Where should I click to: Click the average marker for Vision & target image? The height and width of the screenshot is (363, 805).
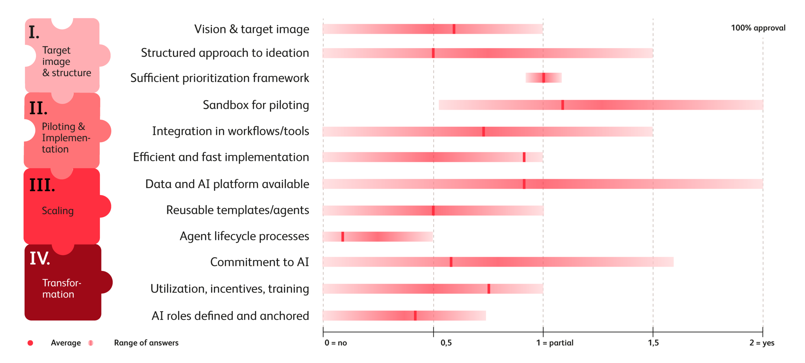tap(454, 29)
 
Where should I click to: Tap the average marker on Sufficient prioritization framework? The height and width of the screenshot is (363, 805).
tap(543, 78)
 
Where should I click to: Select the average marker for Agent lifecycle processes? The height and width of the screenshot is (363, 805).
tap(343, 237)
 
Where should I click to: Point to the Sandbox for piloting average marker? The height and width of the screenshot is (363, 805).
tap(563, 105)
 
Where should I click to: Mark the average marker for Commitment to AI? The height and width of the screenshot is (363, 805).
tap(451, 262)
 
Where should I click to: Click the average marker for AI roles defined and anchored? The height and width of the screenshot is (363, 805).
tap(415, 316)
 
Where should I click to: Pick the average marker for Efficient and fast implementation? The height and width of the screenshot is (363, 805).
tap(524, 157)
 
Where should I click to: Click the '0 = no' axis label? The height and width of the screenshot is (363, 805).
tap(336, 343)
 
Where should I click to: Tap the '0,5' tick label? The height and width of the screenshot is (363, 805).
tap(446, 343)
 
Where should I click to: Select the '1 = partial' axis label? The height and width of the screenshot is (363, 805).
tap(554, 343)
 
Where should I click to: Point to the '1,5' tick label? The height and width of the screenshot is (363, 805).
tap(653, 343)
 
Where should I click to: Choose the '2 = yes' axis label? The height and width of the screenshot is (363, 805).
tap(762, 343)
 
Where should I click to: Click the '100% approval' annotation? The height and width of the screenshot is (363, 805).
tap(758, 28)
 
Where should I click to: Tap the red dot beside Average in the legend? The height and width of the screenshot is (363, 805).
tap(30, 343)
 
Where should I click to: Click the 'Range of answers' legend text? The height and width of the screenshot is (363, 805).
tap(146, 343)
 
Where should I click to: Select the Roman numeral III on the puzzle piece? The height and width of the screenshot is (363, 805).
tap(42, 185)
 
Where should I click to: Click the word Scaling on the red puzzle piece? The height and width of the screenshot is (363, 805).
tap(57, 211)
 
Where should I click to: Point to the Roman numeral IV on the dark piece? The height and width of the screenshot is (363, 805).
tap(40, 258)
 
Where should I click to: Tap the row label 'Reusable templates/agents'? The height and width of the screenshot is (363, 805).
tap(237, 210)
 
